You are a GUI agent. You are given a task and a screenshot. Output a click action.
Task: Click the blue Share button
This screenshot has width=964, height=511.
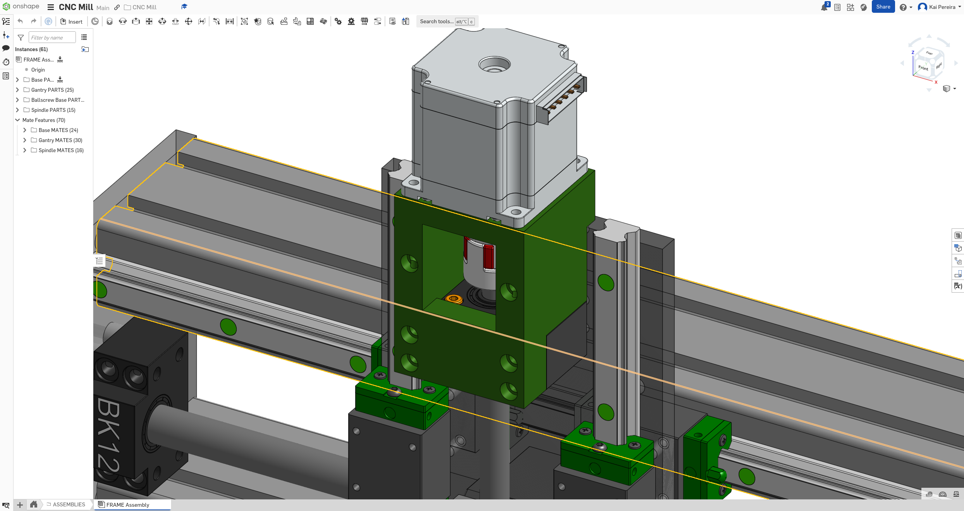883,7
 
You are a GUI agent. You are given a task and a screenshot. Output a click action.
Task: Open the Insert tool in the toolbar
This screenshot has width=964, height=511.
71,22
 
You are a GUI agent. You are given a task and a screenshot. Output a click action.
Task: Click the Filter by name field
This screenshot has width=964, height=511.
52,38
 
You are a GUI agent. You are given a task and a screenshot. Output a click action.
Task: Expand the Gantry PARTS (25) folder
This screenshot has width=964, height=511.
17,90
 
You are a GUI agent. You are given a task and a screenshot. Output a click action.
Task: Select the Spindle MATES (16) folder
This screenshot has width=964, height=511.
61,150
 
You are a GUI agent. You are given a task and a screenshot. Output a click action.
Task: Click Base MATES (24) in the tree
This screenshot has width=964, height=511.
58,130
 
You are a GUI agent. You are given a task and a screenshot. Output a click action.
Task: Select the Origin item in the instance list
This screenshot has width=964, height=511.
38,70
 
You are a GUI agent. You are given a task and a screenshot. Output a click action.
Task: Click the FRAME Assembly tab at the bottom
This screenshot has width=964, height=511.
128,505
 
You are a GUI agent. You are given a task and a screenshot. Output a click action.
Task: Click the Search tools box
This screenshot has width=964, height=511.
436,22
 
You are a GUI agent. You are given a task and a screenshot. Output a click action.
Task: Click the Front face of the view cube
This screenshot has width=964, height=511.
923,68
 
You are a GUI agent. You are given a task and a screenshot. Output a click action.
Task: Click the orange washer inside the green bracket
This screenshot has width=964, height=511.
454,298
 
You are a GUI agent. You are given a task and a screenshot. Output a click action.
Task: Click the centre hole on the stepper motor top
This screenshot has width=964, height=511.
494,65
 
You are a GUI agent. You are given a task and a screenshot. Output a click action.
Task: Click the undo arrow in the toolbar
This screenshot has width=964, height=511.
21,21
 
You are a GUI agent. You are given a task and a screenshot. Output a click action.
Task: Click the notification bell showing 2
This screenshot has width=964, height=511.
824,7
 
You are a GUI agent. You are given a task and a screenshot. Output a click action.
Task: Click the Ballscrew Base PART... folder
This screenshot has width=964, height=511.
57,100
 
